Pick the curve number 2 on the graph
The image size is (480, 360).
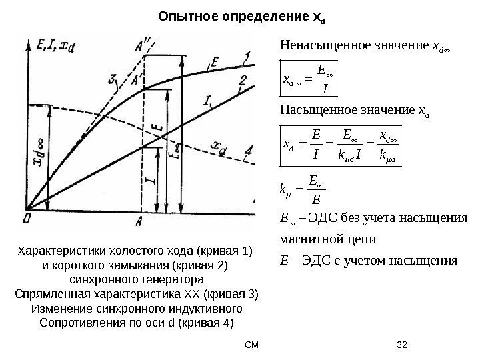point(243,81)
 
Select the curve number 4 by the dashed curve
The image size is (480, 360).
point(248,149)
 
